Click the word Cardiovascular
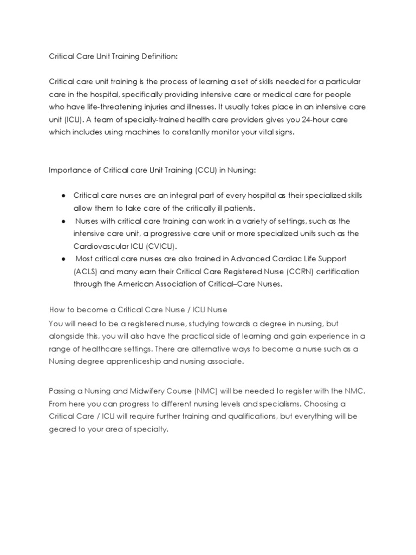(x=100, y=246)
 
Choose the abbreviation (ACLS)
(x=87, y=272)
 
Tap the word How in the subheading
(x=56, y=309)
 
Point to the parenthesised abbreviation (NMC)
(x=228, y=391)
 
